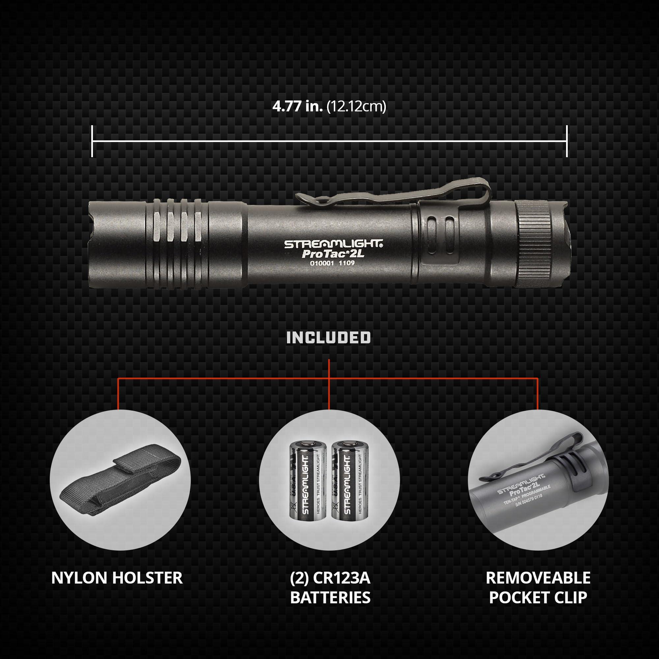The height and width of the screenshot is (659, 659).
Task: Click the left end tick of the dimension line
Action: [x=92, y=141]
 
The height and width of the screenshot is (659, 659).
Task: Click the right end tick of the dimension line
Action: [x=566, y=141]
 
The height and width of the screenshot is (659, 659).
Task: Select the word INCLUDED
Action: [x=329, y=338]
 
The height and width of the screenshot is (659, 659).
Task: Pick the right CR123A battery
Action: [x=346, y=484]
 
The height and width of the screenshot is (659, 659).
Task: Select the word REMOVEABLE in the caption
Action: [x=538, y=578]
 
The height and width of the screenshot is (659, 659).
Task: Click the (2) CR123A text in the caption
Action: [x=330, y=578]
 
